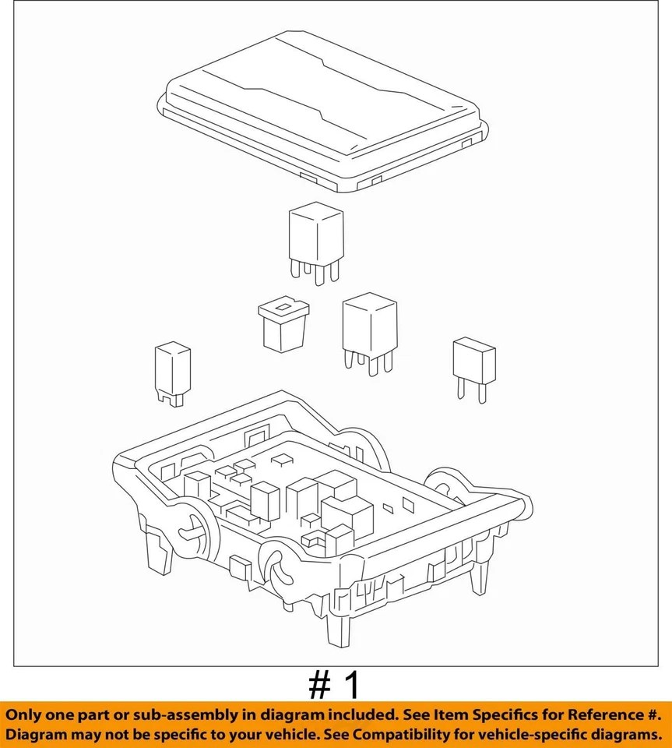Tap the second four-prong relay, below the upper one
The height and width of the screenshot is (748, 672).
click(369, 327)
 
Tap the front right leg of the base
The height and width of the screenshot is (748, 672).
click(340, 628)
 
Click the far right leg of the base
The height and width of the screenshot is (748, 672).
click(480, 577)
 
